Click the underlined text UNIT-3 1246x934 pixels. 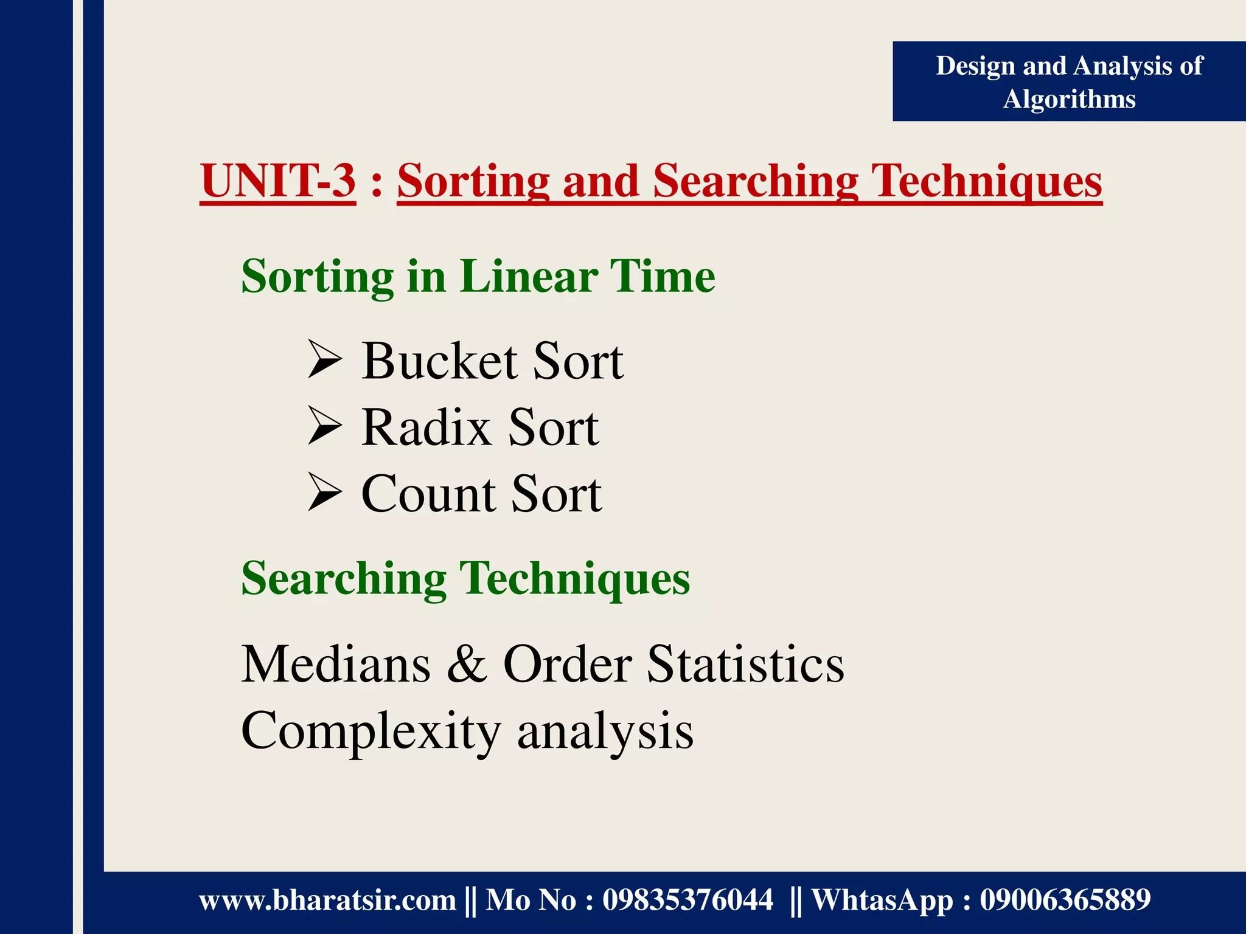(x=278, y=181)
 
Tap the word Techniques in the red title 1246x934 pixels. (x=986, y=181)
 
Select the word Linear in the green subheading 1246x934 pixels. (x=527, y=277)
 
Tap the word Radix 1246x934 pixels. (x=426, y=427)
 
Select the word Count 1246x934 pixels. (x=428, y=494)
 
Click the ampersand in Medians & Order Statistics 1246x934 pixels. (x=467, y=664)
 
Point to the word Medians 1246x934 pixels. (x=336, y=664)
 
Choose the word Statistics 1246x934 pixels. (x=745, y=664)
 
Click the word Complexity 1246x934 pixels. (x=371, y=732)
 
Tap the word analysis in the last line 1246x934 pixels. (x=605, y=732)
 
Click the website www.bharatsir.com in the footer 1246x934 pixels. (x=327, y=900)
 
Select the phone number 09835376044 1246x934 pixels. (x=687, y=900)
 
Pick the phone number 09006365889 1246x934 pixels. (x=1065, y=900)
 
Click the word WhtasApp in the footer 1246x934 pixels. (x=882, y=900)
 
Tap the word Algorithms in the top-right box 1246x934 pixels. (x=1069, y=99)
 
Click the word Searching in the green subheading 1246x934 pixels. (x=344, y=578)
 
